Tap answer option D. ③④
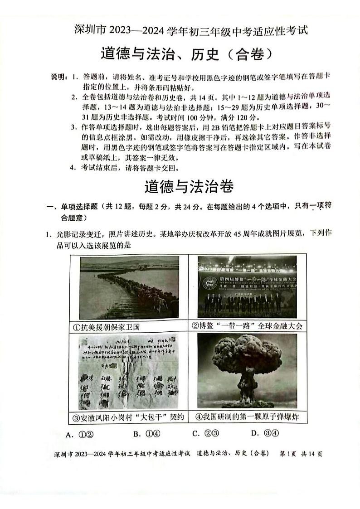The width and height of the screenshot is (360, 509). click(265, 433)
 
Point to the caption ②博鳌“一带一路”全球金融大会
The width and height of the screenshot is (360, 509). click(246, 325)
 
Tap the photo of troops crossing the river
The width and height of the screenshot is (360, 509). click(130, 288)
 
